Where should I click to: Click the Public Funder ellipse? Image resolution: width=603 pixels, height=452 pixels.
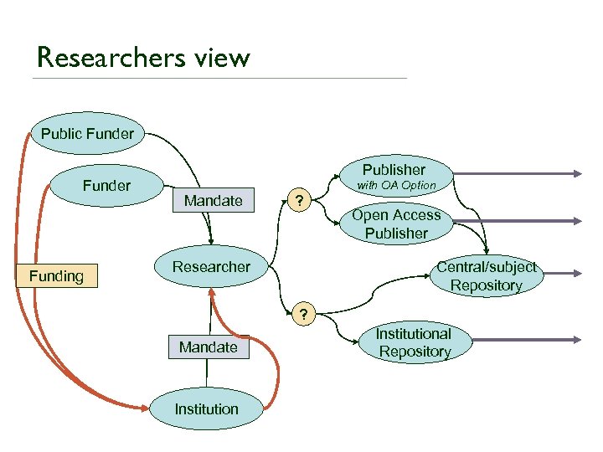87,133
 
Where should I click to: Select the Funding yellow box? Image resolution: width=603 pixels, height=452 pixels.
57,276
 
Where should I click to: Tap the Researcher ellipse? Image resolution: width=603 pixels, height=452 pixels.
211,267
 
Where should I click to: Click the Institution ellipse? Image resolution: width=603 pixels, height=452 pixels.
206,409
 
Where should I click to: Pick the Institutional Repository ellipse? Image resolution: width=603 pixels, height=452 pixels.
415,342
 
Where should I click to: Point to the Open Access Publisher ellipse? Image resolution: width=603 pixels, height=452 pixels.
396,224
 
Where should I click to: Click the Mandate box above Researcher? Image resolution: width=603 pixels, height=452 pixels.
213,200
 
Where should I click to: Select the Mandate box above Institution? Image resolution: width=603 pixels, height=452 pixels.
208,347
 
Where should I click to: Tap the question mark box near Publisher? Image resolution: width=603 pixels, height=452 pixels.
299,201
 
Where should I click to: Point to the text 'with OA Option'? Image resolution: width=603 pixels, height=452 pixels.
396,185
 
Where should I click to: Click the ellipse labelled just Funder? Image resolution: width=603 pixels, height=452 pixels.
106,185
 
